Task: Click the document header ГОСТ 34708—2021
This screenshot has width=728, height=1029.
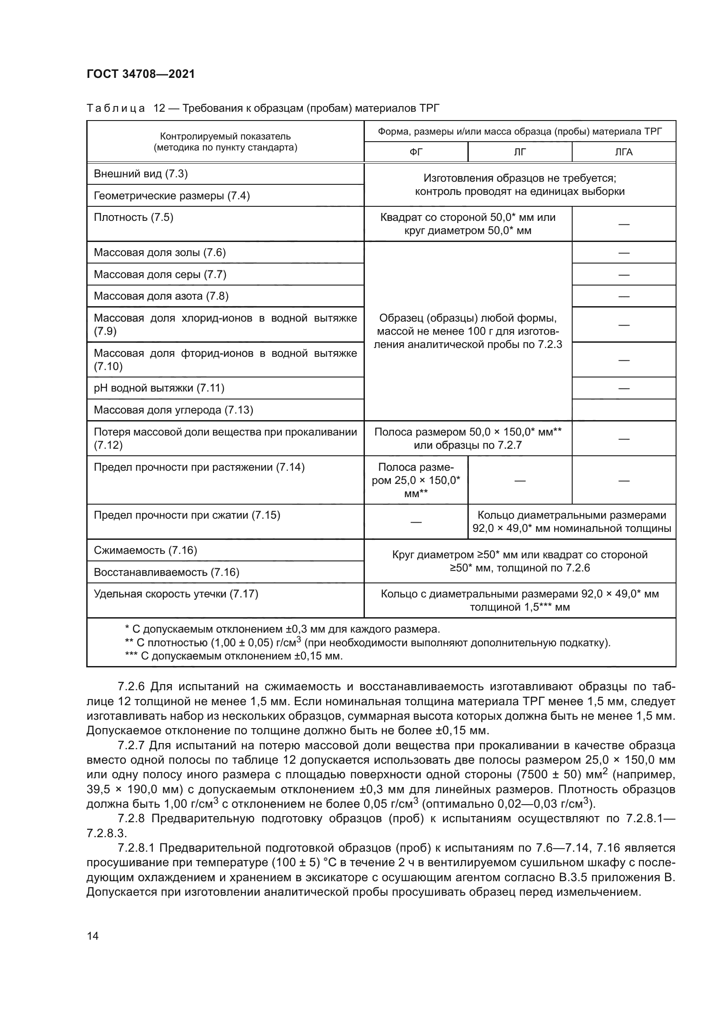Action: coord(141,74)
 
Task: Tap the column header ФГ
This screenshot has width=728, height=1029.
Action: coord(415,152)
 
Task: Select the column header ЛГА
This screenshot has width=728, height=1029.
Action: coord(624,152)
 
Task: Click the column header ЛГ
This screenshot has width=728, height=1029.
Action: coord(519,152)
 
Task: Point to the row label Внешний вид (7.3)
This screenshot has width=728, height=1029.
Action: coord(141,174)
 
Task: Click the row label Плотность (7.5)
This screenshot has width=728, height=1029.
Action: coord(134,217)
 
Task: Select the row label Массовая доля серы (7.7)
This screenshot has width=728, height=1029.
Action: coord(160,274)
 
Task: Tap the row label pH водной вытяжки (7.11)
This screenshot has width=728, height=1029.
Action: coord(159,388)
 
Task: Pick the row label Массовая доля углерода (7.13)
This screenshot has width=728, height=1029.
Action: coord(173,410)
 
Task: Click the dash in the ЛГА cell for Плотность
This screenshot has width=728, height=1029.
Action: coord(624,224)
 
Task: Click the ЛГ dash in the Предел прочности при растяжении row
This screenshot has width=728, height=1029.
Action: coord(519,481)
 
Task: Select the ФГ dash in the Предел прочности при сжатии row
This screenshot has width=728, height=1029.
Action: coord(415,522)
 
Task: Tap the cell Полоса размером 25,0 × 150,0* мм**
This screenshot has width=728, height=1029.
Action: coord(415,480)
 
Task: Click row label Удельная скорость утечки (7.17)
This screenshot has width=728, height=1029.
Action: coord(176,594)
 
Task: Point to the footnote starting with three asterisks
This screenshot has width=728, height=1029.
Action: coord(234,656)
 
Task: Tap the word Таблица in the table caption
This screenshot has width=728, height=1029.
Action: coord(116,108)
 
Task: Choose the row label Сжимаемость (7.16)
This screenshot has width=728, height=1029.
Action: coord(145,550)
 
